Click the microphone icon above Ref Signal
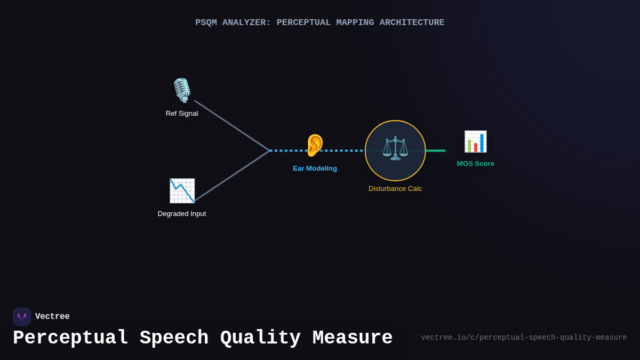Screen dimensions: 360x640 [x=182, y=91]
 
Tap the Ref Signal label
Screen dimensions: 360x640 [x=182, y=114]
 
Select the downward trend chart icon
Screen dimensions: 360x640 [x=182, y=190]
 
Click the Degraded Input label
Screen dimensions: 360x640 [x=182, y=214]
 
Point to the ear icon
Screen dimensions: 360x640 [x=315, y=145]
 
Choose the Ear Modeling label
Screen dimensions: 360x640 [x=315, y=169]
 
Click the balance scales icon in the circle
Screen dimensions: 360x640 [x=395, y=148]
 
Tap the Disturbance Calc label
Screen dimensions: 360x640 [x=395, y=189]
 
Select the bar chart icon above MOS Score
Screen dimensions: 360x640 [x=475, y=141]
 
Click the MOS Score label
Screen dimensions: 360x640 [x=475, y=164]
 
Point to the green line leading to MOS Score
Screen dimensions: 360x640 [x=436, y=150]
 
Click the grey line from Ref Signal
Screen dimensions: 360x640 [x=232, y=125]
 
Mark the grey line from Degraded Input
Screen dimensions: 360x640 [x=232, y=176]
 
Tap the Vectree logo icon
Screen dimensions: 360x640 [x=22, y=317]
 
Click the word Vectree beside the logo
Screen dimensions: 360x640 [x=52, y=317]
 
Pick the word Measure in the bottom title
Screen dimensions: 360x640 [x=353, y=338]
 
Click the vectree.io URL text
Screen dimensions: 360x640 [x=524, y=338]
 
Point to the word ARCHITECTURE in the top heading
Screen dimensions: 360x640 [x=412, y=22]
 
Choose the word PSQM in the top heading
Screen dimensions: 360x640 [x=206, y=22]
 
